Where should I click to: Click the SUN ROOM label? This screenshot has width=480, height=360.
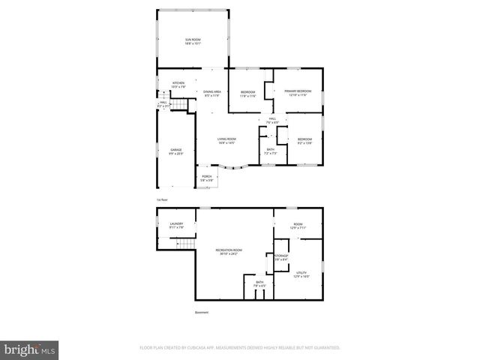coord(194,40)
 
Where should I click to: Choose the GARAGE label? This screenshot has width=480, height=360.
coord(175,151)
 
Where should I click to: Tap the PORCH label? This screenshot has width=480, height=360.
coord(207,178)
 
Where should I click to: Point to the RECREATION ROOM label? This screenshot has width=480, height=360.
coord(229,251)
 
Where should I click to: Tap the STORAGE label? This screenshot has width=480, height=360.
coord(281,257)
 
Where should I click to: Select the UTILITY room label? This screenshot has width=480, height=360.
coord(301,275)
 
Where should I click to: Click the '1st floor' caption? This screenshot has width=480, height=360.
coord(161,200)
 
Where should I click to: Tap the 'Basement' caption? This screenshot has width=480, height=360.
coord(202,312)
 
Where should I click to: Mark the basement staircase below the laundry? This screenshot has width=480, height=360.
coord(184,244)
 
